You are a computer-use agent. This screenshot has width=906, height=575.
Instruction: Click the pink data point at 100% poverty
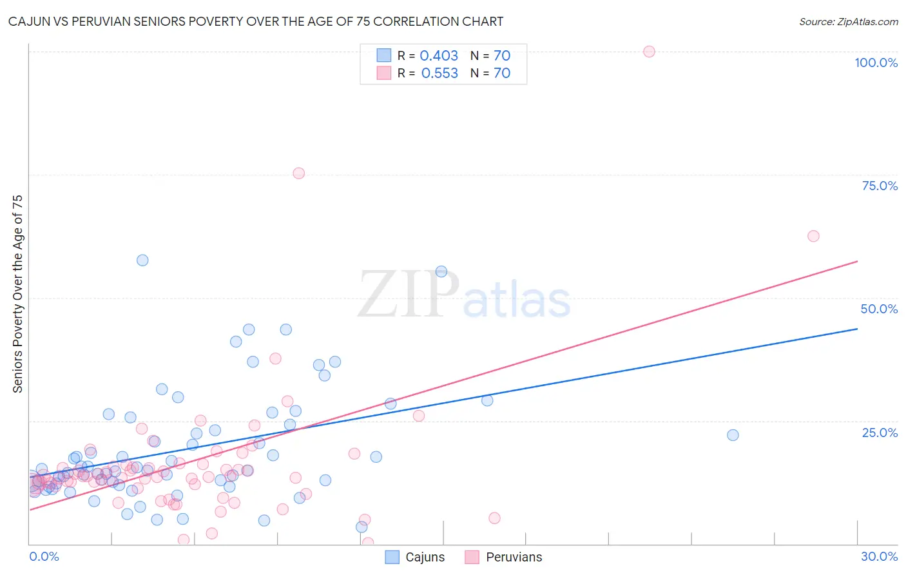coord(649,52)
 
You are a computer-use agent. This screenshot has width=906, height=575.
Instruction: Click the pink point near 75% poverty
coord(298,173)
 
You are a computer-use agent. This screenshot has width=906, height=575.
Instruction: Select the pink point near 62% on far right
coord(813,236)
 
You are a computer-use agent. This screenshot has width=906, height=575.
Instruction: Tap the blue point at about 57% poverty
coord(142,260)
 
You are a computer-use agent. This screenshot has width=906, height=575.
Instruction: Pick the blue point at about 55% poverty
coord(441,271)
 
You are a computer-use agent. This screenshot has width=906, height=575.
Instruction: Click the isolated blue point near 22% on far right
coord(733,435)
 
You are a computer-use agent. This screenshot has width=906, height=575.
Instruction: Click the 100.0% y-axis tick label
coord(876,63)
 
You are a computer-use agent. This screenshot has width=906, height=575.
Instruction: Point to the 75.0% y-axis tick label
coord(880,186)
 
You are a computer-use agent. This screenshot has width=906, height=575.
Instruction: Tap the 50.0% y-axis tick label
coord(879,309)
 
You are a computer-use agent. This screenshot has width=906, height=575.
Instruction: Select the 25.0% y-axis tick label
coord(880,433)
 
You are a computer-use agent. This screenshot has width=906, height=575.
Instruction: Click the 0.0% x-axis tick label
coord(44,556)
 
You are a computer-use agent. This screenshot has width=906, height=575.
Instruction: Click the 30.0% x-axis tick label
coord(879,556)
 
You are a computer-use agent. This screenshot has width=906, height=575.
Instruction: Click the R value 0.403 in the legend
coord(439,56)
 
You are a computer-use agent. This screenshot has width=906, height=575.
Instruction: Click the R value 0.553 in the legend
coord(439,73)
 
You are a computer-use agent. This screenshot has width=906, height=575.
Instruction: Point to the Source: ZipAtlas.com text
coord(848,22)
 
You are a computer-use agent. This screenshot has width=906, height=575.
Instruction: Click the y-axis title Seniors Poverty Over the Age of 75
coord(18,294)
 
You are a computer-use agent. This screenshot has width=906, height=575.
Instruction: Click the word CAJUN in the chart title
coord(27,22)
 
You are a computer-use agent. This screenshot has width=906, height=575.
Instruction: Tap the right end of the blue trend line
coord(857,329)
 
